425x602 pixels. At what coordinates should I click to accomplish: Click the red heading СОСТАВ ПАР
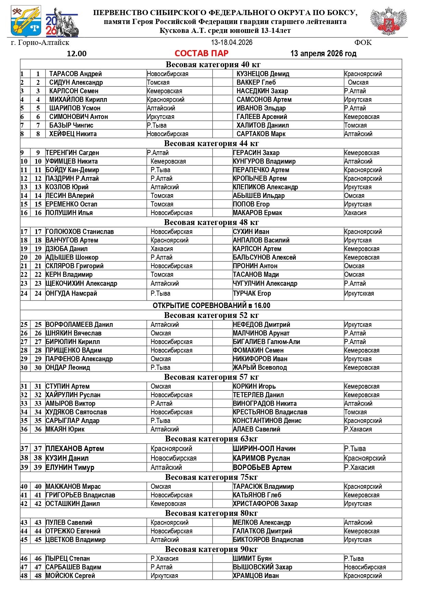click(201, 53)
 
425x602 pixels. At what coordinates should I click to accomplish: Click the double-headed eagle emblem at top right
click(388, 21)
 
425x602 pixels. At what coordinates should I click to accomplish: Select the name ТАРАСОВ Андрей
click(75, 74)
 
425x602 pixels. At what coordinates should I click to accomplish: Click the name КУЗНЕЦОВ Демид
click(263, 74)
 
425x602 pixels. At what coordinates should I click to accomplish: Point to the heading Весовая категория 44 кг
click(211, 143)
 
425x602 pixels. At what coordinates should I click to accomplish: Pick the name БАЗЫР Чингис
click(71, 125)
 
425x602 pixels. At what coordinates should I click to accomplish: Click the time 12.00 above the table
click(77, 54)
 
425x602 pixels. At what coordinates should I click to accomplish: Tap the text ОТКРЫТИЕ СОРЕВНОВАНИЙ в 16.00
click(211, 305)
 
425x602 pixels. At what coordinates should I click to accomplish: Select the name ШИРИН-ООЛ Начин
click(264, 448)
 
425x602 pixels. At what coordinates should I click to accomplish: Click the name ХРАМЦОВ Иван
click(256, 576)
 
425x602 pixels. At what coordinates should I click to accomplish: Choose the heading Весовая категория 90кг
click(211, 549)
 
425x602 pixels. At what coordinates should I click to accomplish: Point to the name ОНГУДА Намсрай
click(71, 293)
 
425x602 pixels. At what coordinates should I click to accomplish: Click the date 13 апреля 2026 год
click(323, 54)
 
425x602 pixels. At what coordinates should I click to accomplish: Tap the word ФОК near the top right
click(363, 43)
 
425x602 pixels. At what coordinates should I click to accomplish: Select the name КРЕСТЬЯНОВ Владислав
click(270, 412)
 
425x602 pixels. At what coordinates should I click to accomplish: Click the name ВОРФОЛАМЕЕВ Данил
click(79, 324)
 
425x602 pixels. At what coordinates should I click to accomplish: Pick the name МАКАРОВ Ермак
click(258, 213)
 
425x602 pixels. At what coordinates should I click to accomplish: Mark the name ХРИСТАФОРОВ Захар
click(265, 504)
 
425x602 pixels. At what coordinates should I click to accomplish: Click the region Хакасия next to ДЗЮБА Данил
click(162, 249)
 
